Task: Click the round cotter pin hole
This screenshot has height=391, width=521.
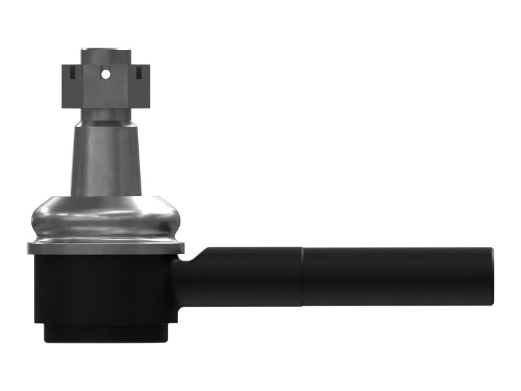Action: coord(106,74)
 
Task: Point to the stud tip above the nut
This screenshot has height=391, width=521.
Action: coord(106,53)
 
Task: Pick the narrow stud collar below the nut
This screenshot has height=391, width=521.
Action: coord(106,115)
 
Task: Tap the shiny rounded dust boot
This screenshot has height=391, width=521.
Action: coord(104,218)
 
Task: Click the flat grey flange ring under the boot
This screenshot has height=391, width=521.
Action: coord(104,248)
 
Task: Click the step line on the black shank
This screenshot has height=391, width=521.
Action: coord(303,277)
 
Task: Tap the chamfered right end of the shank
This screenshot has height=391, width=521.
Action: coord(490,277)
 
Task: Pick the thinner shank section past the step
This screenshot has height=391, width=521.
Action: coord(397,277)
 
